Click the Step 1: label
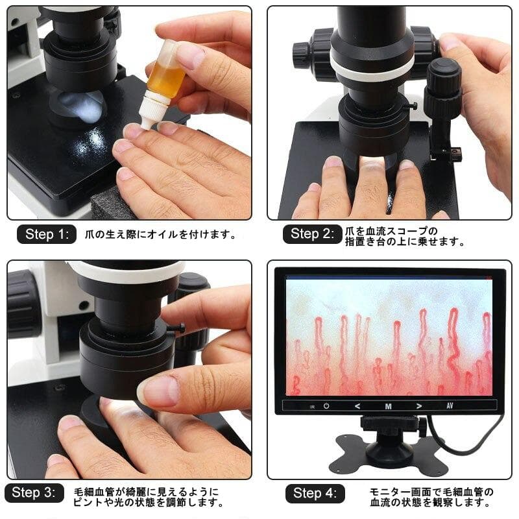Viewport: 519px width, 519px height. point(47,234)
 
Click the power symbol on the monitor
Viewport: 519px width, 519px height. point(327,407)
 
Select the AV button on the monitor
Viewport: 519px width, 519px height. point(450,407)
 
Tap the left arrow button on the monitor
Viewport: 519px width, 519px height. point(357,407)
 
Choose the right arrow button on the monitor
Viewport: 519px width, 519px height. point(418,407)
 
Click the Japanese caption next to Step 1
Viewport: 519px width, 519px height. point(156,235)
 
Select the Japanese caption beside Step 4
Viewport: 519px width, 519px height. point(431,497)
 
